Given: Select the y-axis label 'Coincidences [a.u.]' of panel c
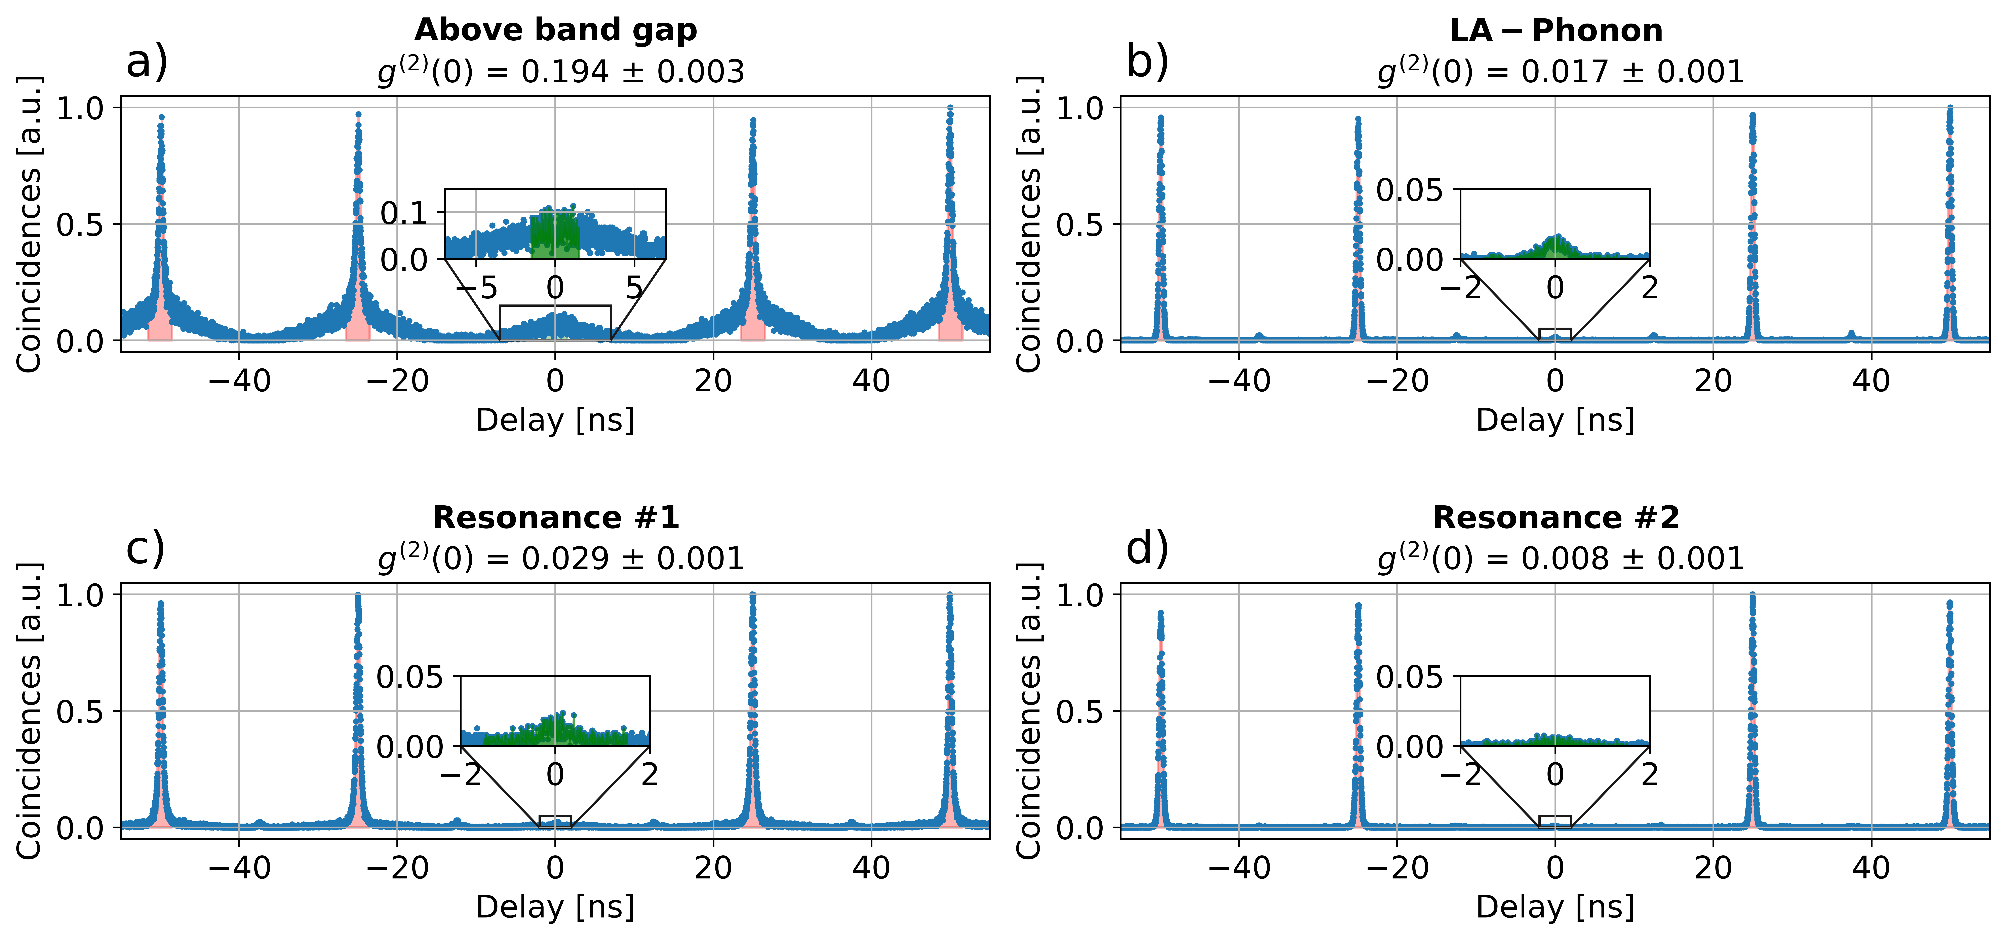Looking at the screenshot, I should pyautogui.click(x=29, y=710).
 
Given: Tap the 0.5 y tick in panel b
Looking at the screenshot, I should pyautogui.click(x=1078, y=224).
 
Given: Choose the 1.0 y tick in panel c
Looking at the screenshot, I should pyautogui.click(x=79, y=595).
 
